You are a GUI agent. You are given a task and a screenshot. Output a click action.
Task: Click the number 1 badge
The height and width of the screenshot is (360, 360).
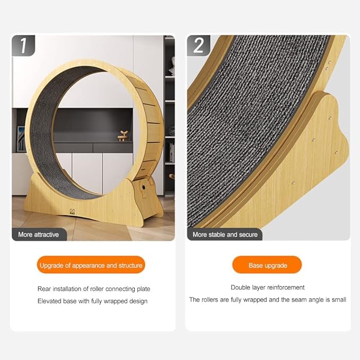click(x=23, y=46)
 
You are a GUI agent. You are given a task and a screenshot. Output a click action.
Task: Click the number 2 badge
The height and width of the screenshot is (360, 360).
click(x=199, y=46)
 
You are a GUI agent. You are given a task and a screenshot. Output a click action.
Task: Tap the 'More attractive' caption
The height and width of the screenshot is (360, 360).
click(x=39, y=234)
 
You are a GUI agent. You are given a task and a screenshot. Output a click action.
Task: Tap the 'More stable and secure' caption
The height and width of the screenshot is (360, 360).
click(x=225, y=234)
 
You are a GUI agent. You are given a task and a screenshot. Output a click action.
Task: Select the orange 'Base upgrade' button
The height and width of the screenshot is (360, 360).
click(x=267, y=265)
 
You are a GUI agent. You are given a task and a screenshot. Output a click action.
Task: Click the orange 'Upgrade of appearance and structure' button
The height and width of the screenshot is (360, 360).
click(x=91, y=265)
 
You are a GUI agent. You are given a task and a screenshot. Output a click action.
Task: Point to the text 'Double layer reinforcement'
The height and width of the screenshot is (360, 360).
click(x=267, y=287)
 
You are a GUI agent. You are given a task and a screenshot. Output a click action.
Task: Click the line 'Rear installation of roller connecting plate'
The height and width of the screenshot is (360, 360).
click(x=94, y=289)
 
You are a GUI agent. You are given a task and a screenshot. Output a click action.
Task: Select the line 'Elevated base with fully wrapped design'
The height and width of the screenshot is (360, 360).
click(x=92, y=301)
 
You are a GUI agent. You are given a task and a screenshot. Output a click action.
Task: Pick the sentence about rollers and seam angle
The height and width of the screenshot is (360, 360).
click(x=267, y=300)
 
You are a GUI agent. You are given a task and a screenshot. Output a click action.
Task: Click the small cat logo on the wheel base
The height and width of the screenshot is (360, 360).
click(x=72, y=212)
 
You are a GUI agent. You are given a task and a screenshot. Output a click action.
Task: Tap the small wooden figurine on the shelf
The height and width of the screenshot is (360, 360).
click(x=124, y=135)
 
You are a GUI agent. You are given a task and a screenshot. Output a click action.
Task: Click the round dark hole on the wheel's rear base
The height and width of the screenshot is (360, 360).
click(x=144, y=188)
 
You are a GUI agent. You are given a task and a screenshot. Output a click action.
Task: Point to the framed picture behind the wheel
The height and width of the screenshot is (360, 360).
click(x=21, y=139)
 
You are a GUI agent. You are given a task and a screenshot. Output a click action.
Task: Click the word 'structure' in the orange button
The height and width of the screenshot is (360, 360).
click(x=130, y=266)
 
